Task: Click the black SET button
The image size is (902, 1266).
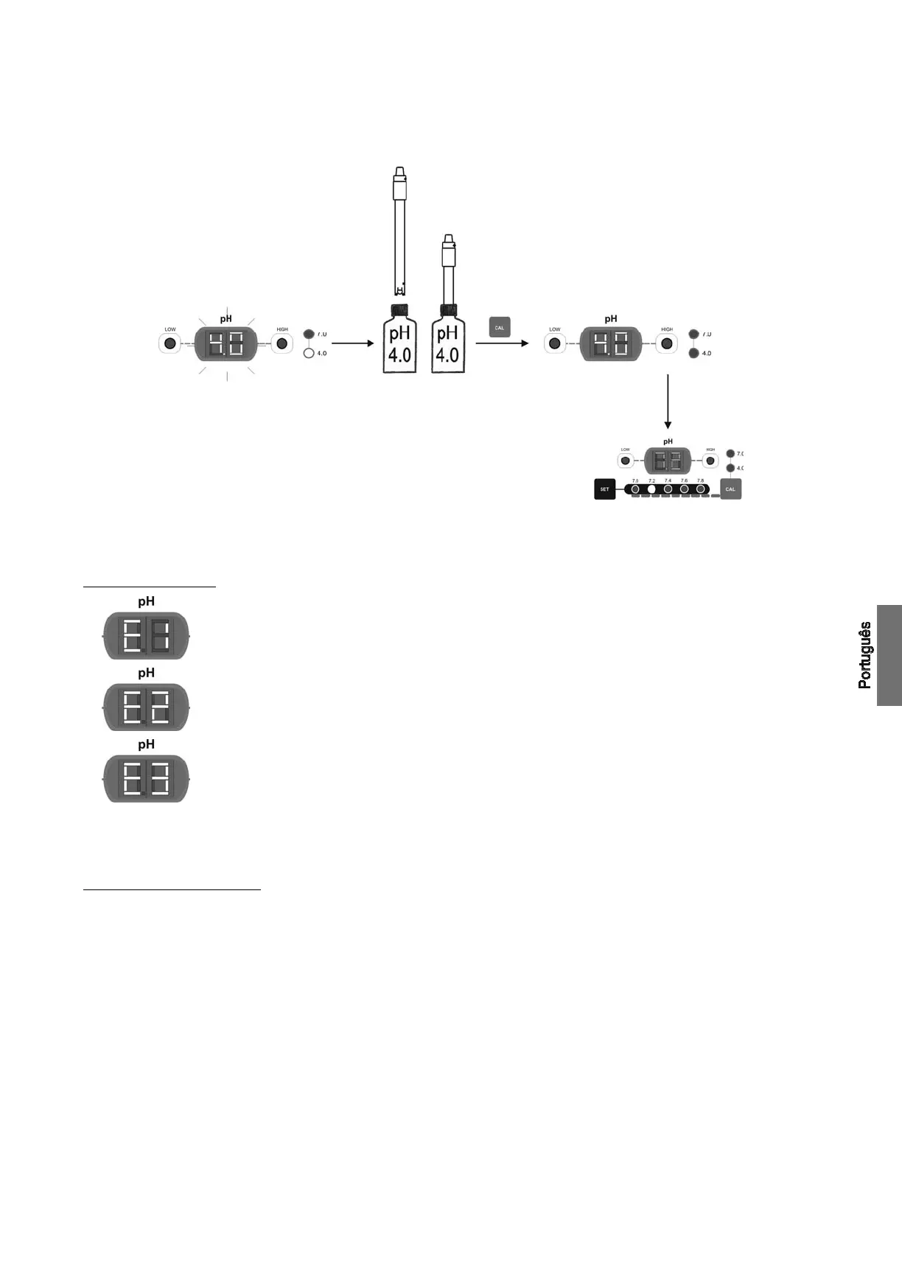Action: tap(604, 489)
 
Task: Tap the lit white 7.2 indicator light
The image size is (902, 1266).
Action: tap(651, 489)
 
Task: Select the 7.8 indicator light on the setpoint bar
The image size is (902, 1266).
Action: tap(700, 489)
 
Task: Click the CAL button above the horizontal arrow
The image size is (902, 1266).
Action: tap(500, 327)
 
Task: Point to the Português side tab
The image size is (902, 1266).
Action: tap(889, 655)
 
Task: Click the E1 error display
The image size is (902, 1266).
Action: tap(146, 635)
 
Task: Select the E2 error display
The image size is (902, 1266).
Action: tap(146, 707)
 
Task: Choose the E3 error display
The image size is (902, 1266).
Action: tap(146, 778)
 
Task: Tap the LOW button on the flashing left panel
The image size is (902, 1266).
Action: tap(170, 343)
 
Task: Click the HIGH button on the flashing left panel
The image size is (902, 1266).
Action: tap(282, 343)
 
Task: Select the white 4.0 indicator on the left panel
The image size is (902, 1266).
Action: tap(309, 353)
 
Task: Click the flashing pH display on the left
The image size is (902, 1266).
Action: tap(226, 344)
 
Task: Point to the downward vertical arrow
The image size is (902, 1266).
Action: tap(668, 402)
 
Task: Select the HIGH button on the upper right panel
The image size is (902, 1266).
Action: tap(667, 343)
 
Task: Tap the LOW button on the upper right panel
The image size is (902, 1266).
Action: tap(555, 343)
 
